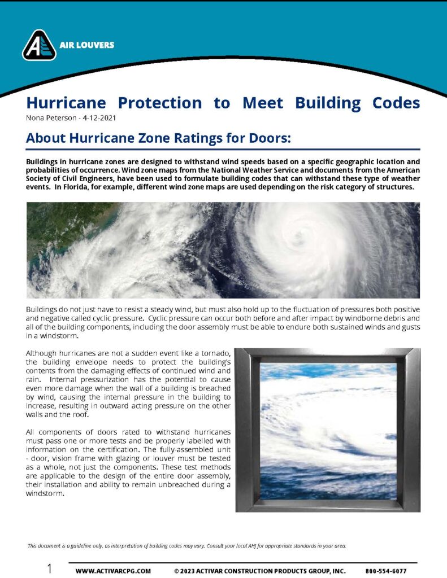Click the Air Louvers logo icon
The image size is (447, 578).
tap(39, 45)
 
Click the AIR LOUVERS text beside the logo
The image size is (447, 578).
tap(86, 45)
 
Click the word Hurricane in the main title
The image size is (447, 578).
tap(63, 103)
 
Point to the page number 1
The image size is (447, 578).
tap(50, 569)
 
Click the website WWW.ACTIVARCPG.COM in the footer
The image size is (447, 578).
tap(113, 571)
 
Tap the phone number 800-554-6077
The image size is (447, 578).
tap(386, 571)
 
